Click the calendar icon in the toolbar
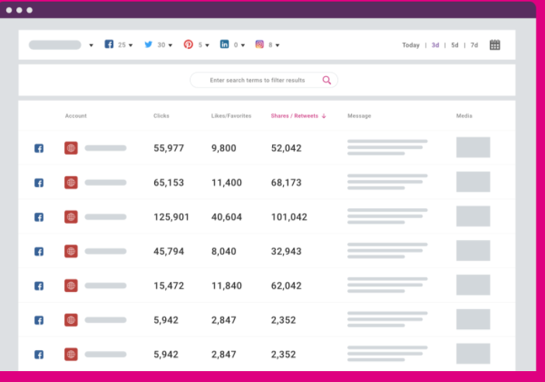495,45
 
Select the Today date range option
411,45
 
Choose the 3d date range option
436,45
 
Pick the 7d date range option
474,45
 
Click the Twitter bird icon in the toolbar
148,45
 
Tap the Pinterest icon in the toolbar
188,45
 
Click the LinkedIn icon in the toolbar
224,45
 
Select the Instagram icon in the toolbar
260,45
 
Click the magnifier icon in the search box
326,80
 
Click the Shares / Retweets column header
295,116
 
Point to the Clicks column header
161,116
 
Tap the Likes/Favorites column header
231,116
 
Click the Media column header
464,116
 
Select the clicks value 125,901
171,217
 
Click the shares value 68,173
286,183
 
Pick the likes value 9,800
224,148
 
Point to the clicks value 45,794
169,252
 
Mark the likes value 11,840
226,286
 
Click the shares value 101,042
289,217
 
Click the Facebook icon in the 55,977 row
39,148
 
